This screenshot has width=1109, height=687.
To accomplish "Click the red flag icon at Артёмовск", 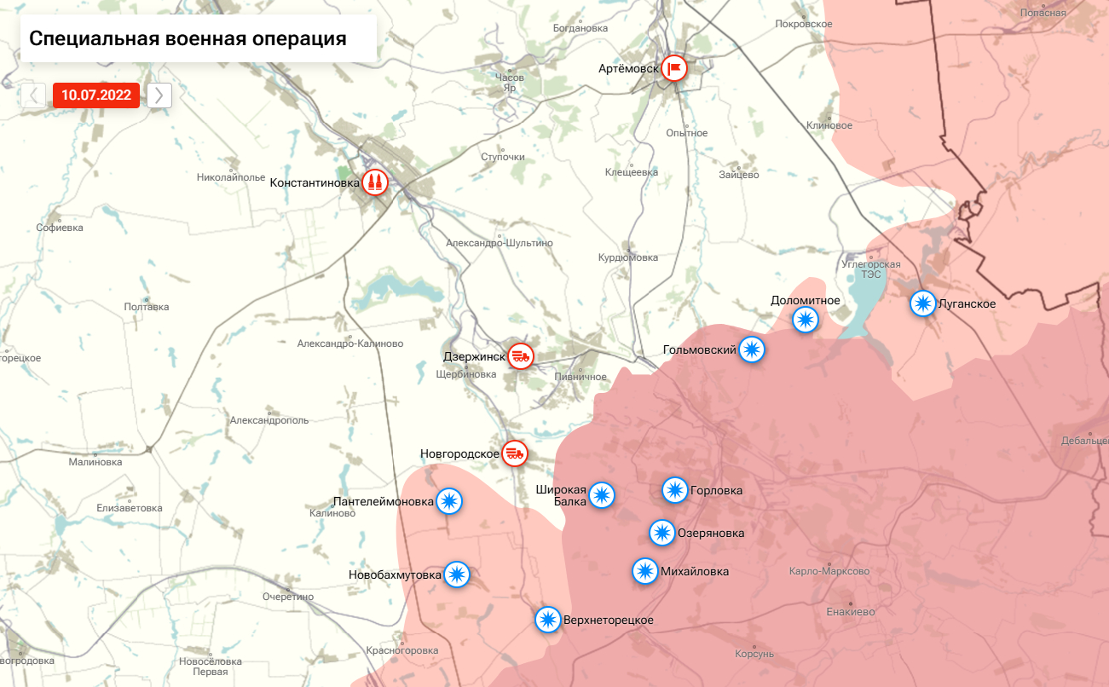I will click(674, 68).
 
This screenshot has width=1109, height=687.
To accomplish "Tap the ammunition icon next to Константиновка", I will click(375, 182).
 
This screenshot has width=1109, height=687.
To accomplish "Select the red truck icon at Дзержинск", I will click(520, 356).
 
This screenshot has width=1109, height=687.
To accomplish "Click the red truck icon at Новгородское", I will click(514, 453).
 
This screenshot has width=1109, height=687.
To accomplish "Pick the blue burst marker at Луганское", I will click(922, 303).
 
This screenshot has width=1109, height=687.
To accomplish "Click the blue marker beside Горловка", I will click(674, 490).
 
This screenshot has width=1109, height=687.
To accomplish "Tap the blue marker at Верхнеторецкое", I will click(547, 620).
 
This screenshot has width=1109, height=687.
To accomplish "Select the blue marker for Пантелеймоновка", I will click(449, 501).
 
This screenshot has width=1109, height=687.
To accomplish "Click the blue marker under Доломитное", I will click(806, 320).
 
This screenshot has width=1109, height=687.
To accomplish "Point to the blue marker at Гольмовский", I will click(751, 349).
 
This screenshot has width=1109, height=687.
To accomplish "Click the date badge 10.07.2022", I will click(95, 95).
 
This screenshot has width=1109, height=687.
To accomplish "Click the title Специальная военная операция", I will click(188, 38).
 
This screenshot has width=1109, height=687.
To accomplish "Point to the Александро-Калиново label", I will click(349, 343).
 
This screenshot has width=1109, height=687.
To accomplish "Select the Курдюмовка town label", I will click(628, 257).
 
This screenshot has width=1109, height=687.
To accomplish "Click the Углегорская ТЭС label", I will click(870, 269).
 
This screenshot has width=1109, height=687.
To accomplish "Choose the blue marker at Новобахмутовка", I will click(457, 574).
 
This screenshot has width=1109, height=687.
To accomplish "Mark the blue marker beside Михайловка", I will click(645, 571).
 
